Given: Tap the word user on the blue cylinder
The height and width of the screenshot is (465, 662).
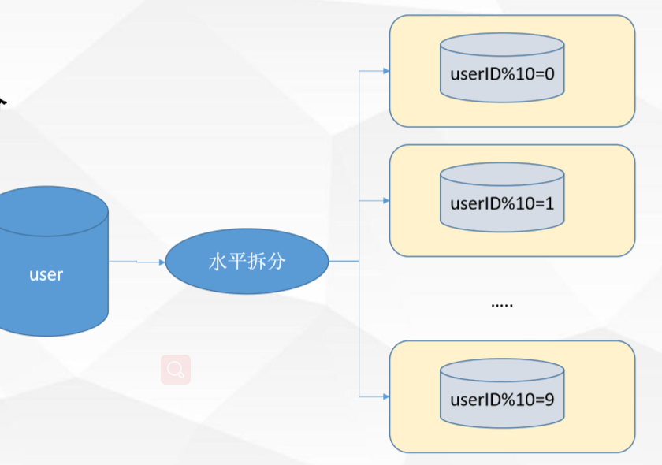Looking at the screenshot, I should (46, 275).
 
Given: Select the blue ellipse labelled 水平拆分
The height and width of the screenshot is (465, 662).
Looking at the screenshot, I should (246, 262).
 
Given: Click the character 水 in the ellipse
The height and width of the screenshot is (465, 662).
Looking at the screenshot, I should (217, 262).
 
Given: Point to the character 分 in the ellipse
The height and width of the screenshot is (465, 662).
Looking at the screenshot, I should (276, 262).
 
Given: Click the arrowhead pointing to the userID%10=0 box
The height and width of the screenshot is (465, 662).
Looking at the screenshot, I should (386, 71).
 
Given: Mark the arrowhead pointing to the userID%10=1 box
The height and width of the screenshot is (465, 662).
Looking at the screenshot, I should (386, 201).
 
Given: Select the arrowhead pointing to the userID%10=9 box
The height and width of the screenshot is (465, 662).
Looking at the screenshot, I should (386, 396).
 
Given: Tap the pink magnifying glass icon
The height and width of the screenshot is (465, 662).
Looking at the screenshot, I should (176, 369).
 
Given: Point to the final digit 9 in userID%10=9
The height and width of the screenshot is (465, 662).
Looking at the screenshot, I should (550, 400).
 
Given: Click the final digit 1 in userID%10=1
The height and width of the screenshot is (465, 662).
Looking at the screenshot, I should (550, 204).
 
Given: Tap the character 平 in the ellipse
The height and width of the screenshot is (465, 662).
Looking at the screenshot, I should (236, 262).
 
